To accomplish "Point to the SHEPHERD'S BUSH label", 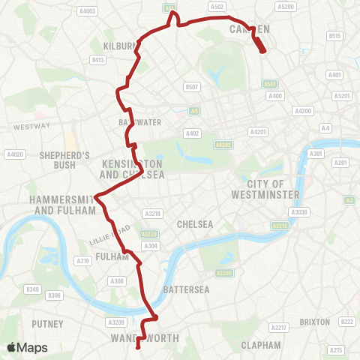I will [64, 160].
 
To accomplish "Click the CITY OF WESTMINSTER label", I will [274, 189].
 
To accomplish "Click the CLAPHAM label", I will [261, 345].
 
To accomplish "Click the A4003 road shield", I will [88, 11].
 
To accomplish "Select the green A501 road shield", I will [271, 84].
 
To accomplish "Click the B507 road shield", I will [193, 87].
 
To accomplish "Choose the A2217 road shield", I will [279, 328].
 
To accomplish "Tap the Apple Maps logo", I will [27, 347].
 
